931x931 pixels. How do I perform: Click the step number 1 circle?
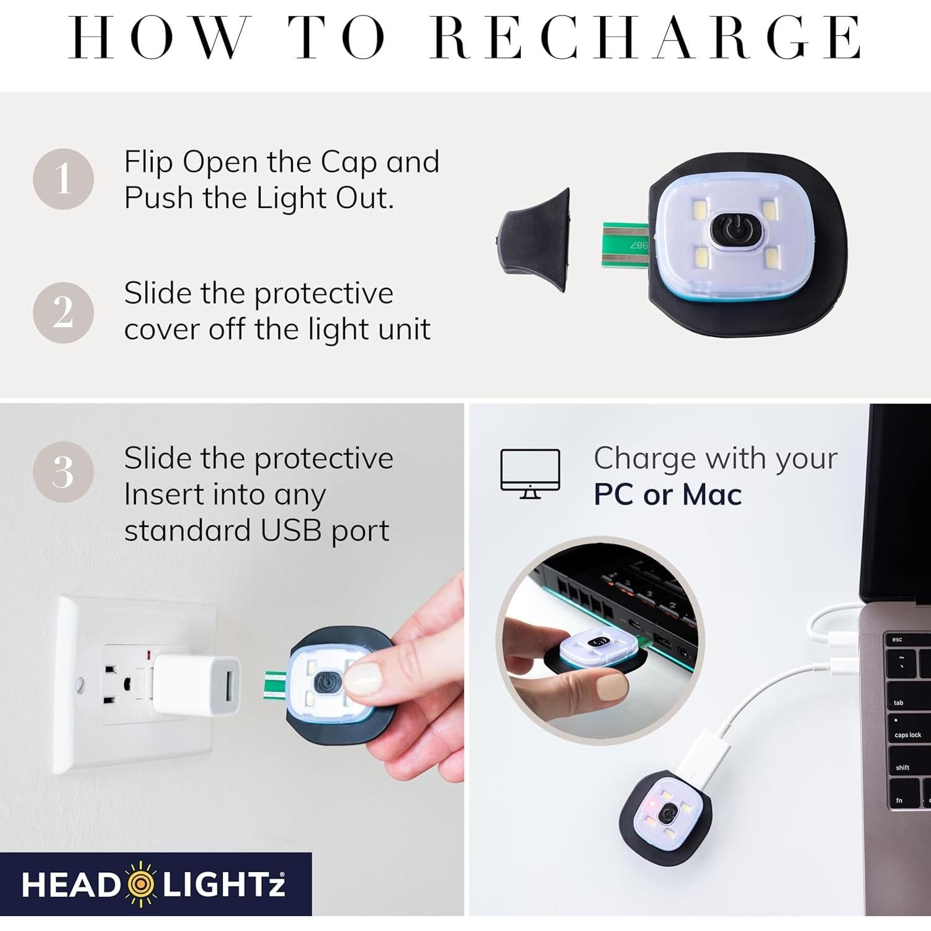click(x=63, y=179)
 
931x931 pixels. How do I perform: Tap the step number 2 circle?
click(x=63, y=312)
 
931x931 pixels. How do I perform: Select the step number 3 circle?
click(x=63, y=472)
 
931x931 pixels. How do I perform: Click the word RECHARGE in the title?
click(x=645, y=38)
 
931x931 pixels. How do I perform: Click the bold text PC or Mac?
click(x=667, y=495)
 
